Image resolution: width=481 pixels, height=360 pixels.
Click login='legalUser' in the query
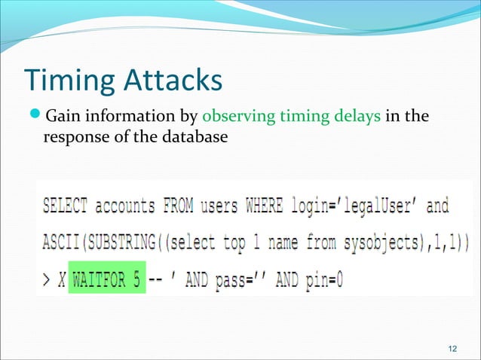tap(354, 206)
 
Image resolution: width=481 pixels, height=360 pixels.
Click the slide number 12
tap(452, 346)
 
